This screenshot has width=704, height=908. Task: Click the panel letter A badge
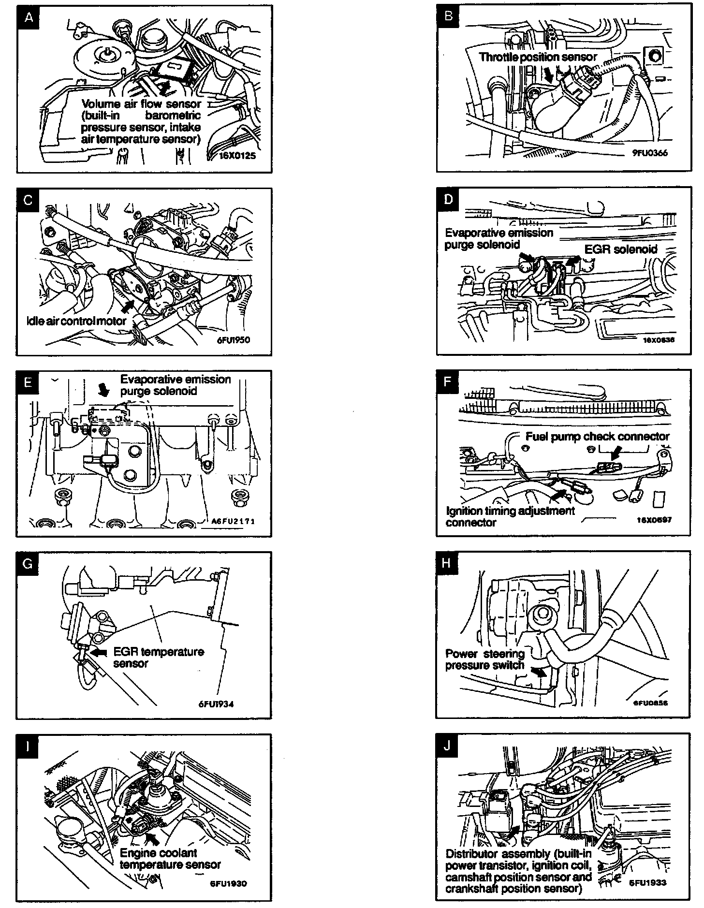pos(29,18)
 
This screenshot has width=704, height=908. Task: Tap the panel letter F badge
pos(448,382)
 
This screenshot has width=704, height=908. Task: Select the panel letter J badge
pos(447,746)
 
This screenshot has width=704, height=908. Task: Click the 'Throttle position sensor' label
pos(538,57)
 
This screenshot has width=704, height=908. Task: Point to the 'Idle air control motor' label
pos(76,321)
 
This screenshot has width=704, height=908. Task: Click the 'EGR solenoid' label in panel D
pos(621,249)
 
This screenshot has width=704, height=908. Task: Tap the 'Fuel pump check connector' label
pos(598,437)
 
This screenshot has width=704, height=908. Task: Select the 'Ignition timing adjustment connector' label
pos(510,516)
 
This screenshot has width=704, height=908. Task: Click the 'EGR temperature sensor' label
pos(159,657)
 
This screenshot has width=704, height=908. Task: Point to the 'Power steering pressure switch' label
pos(485,659)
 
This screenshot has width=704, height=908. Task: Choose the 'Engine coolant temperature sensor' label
pos(170,859)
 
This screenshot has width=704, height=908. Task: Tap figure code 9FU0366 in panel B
pos(650,153)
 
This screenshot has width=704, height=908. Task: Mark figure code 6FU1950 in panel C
pos(234,339)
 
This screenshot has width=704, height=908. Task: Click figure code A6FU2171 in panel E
pos(233,521)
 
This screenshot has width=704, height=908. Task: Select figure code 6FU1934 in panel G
pos(216,704)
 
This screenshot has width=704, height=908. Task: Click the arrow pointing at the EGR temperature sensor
pos(99,652)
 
